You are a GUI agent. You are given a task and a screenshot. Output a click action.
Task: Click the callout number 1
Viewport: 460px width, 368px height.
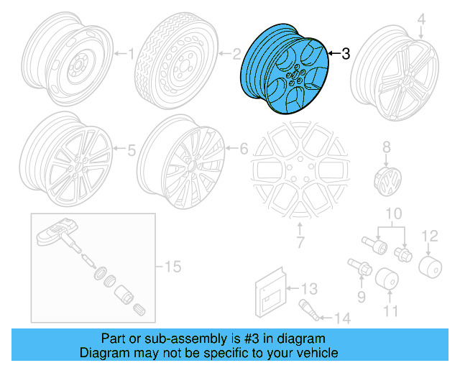click(x=131, y=52)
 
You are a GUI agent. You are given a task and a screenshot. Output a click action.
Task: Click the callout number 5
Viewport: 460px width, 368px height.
click(x=131, y=150)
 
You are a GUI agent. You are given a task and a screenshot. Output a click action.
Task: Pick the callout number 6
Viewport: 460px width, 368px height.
click(x=243, y=149)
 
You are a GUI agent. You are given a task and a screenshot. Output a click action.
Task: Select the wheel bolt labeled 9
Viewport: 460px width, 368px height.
click(x=359, y=272)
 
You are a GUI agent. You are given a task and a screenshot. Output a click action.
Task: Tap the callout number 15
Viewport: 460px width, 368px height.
click(x=170, y=267)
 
